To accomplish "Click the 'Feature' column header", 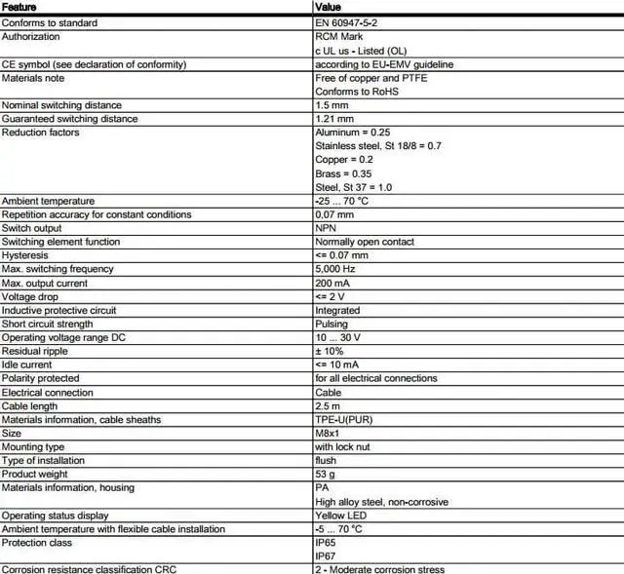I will click(19, 8).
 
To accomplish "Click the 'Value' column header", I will click(329, 8).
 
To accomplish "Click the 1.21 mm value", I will click(335, 119).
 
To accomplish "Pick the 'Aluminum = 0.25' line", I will click(353, 133).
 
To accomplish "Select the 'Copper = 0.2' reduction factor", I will click(344, 160).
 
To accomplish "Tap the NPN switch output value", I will click(327, 228).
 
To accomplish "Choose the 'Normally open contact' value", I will click(365, 242).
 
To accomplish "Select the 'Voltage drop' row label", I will click(30, 296).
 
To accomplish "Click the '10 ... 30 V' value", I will click(337, 337).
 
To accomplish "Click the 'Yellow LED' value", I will click(340, 516).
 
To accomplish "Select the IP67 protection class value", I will click(326, 555).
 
